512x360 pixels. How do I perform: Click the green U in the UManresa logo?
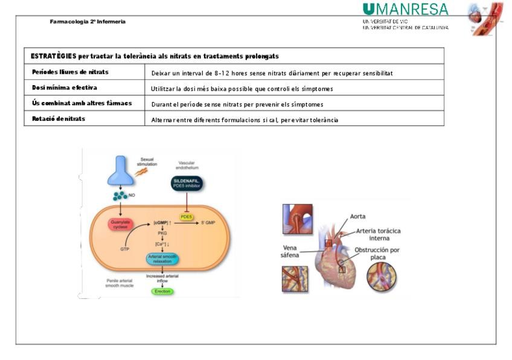click(x=368, y=10)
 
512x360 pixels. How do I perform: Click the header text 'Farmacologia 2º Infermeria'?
click(x=88, y=22)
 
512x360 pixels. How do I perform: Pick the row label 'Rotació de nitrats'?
click(x=59, y=119)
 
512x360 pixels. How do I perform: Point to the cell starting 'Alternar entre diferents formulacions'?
click(x=245, y=120)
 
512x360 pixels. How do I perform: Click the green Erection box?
click(x=162, y=291)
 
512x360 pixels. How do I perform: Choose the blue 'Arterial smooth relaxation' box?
click(x=162, y=260)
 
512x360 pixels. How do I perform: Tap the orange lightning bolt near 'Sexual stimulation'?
click(x=143, y=172)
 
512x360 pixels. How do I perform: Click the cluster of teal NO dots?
click(x=120, y=196)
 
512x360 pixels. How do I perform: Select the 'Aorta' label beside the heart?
click(x=358, y=216)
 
